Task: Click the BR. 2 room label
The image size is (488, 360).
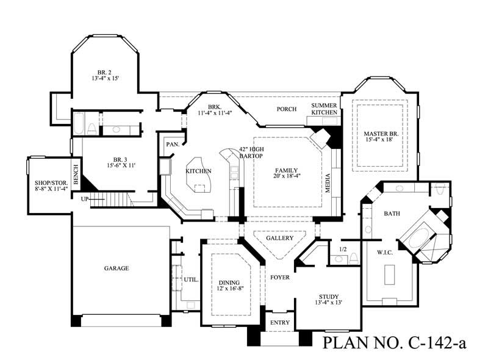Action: pos(104,72)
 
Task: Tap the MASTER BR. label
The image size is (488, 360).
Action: pos(381,134)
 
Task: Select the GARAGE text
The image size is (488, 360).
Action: pos(117,268)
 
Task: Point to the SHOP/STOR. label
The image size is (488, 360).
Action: pos(51,183)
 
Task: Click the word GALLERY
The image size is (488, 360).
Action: pos(280,238)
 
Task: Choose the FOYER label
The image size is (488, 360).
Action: pos(280,277)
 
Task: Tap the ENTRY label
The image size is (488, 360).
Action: pos(280,323)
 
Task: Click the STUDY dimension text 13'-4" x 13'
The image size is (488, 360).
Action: pos(329,302)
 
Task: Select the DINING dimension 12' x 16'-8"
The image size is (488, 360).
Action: pos(230,289)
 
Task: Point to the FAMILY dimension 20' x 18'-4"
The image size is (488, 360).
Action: pos(286,176)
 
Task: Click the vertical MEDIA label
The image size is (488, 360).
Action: pos(328,183)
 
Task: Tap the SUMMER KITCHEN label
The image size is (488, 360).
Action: pos(325,109)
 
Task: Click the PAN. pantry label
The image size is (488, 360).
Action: pos(173,145)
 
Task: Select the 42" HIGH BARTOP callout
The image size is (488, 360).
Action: pos(251,153)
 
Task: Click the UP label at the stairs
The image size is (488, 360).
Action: pos(85,199)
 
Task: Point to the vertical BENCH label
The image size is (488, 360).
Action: pos(76,174)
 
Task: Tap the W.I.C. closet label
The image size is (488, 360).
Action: pos(385,253)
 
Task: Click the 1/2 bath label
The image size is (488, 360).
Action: pos(343,249)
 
